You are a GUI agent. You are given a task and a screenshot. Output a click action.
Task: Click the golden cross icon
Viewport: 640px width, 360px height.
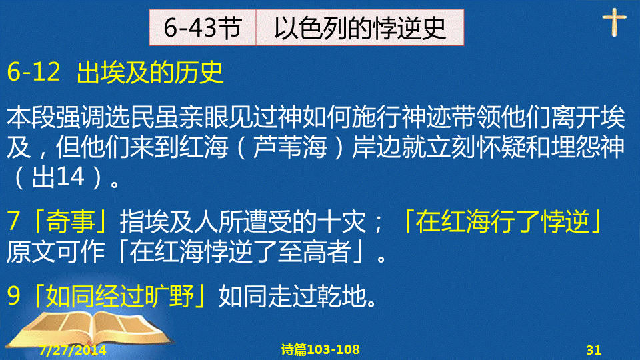pos(614,22)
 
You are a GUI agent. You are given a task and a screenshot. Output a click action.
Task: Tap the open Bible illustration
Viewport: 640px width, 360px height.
pos(90,331)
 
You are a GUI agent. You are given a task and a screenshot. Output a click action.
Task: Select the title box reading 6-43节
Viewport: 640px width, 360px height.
pos(203,28)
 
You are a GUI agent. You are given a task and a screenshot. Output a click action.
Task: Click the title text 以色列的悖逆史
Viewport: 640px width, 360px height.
pos(360,28)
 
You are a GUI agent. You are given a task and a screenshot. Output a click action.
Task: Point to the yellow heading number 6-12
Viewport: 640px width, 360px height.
pos(34,72)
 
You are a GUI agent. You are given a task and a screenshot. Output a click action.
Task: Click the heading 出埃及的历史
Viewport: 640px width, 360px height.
pos(150,72)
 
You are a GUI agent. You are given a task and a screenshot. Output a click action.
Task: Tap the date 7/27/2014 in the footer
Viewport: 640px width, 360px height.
pos(73,350)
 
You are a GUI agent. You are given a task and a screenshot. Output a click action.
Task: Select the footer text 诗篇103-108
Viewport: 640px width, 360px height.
pos(321,349)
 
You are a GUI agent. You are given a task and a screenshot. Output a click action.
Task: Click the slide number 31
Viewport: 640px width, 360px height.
pos(594,350)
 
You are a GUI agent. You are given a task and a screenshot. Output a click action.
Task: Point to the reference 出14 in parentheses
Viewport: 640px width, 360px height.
pos(58,177)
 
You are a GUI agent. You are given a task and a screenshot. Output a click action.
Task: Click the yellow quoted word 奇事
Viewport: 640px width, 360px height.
pos(71,221)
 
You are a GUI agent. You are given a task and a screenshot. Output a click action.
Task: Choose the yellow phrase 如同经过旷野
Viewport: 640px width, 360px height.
pos(120,295)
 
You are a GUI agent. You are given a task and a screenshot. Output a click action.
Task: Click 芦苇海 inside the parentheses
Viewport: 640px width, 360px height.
pos(290,147)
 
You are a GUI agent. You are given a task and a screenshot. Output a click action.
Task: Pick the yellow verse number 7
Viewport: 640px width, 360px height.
pos(13,221)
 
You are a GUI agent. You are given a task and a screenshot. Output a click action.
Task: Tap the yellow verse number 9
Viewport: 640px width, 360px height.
pos(13,295)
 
